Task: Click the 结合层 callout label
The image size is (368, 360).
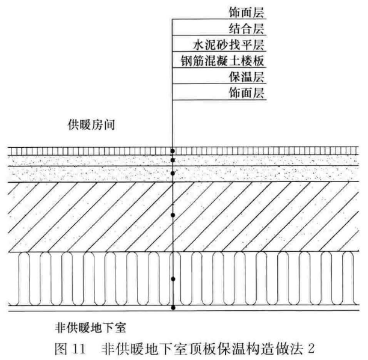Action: click(247, 29)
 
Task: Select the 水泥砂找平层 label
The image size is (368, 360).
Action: click(228, 45)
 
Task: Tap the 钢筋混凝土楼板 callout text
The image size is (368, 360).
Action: click(222, 61)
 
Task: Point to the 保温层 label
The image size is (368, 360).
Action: click(247, 77)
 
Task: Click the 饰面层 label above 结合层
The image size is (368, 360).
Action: click(247, 13)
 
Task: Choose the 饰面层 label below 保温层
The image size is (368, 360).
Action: click(247, 93)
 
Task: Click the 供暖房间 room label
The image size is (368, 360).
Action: click(91, 124)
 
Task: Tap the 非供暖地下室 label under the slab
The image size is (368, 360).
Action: click(91, 328)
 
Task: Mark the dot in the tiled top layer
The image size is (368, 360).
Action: click(173, 151)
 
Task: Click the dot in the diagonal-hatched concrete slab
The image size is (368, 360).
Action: click(173, 215)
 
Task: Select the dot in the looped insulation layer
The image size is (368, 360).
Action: click(173, 279)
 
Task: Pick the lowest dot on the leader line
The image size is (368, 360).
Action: click(173, 308)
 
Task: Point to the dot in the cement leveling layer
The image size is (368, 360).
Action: click(173, 173)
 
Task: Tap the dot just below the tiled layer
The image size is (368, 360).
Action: click(173, 160)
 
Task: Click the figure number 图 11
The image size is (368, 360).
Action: click(70, 349)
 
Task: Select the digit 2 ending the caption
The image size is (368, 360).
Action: click(311, 349)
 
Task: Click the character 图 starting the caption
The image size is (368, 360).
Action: click(61, 349)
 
